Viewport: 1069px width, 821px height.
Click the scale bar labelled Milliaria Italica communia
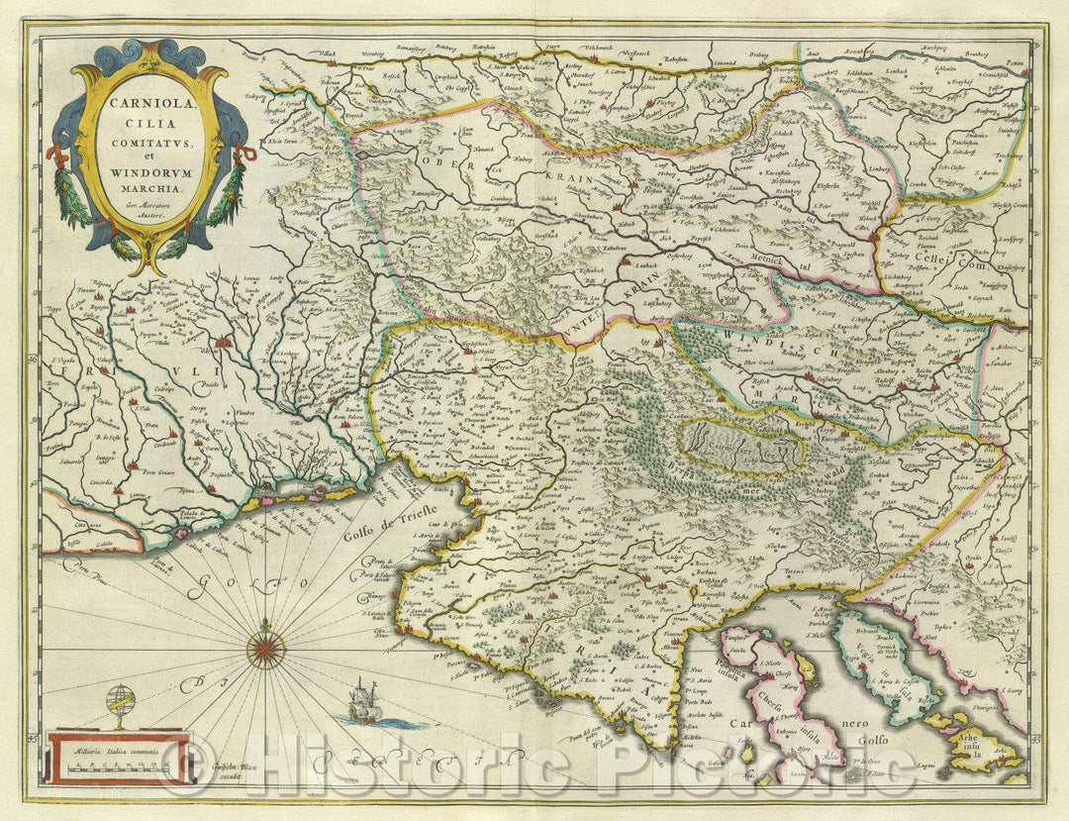point(109,761)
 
